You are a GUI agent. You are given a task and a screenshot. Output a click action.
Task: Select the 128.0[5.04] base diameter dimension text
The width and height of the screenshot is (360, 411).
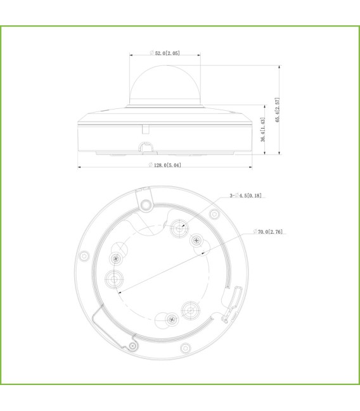point(165,165)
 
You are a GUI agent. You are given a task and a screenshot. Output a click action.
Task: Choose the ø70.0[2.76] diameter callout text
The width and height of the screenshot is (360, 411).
point(267,232)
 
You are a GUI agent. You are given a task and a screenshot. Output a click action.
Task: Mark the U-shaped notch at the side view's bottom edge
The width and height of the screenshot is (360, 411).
point(147,148)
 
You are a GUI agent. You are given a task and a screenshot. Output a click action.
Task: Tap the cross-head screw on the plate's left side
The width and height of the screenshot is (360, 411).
point(115,258)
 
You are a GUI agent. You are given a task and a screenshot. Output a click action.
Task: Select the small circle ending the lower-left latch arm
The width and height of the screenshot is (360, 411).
point(132,346)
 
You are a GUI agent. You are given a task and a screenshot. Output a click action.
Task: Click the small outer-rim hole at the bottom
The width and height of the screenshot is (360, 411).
point(185,348)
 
